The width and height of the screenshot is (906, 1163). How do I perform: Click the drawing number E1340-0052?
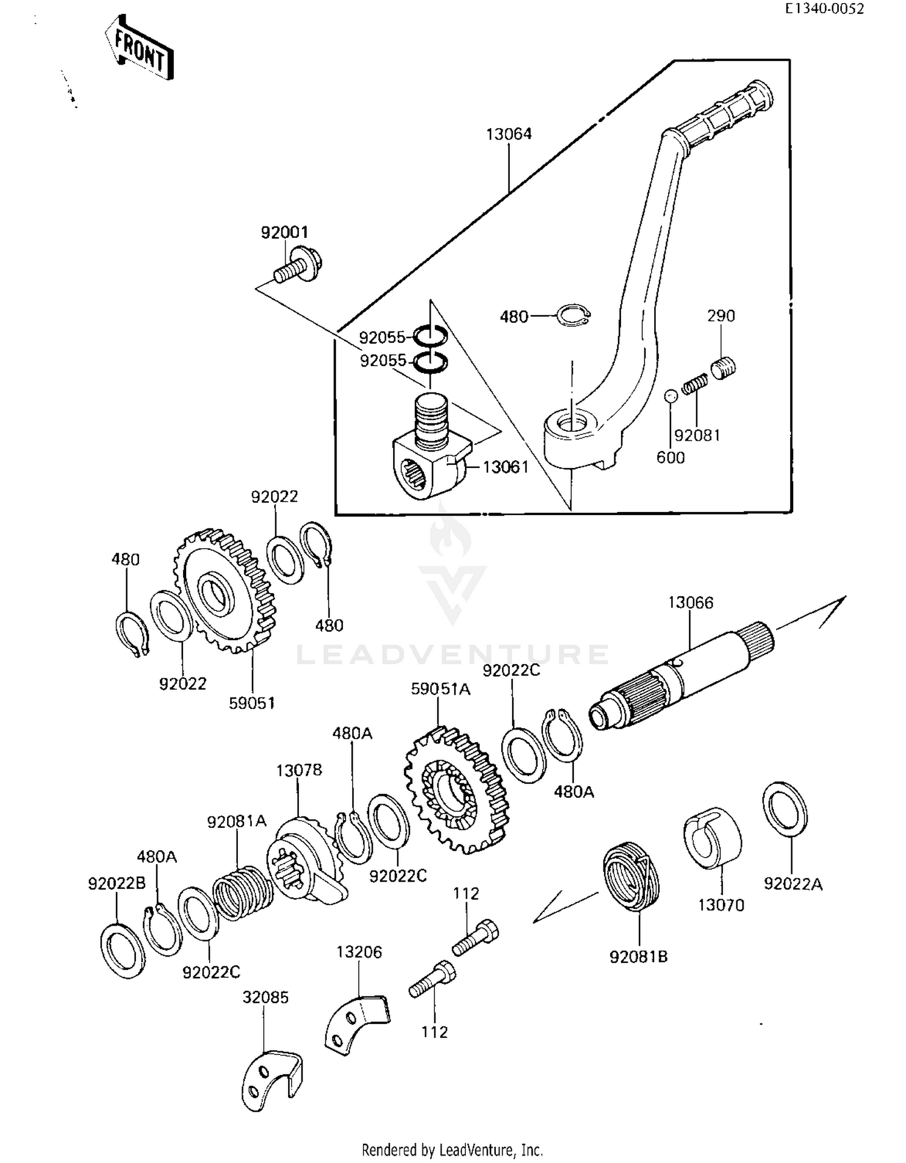point(824,8)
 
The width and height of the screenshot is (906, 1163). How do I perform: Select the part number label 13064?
point(509,134)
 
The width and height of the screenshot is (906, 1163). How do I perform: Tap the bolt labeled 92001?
point(298,269)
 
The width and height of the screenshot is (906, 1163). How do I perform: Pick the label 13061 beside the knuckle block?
point(506,467)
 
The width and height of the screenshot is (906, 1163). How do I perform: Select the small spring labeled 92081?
point(695,384)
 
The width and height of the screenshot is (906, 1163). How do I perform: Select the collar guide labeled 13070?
point(713,837)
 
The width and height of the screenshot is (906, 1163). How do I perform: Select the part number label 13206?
point(359,952)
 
